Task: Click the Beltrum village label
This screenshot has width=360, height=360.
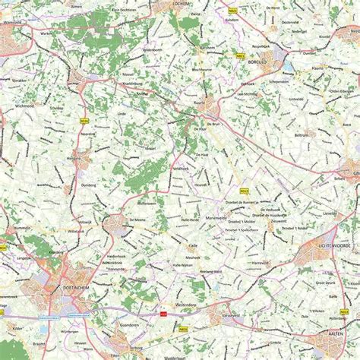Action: click(302, 134)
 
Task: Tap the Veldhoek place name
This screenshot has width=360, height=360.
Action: click(180, 167)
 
